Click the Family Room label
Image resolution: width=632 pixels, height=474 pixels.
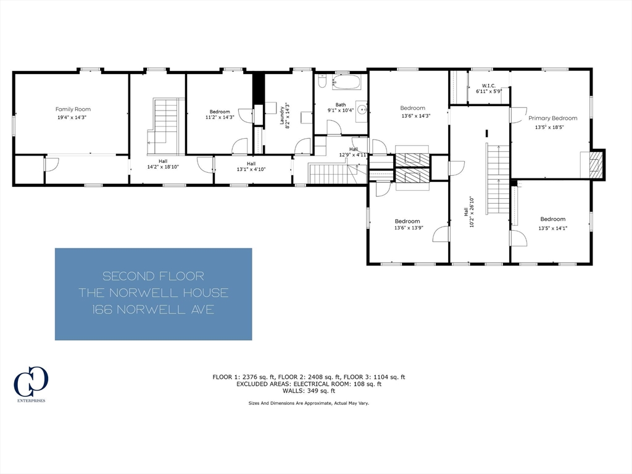tap(73, 109)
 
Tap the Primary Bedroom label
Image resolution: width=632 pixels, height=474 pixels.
tap(552, 118)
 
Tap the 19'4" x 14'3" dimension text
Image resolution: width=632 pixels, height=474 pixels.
tap(73, 117)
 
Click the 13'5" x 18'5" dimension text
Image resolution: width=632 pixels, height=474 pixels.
tap(549, 127)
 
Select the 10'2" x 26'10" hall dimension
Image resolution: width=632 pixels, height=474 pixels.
tap(472, 212)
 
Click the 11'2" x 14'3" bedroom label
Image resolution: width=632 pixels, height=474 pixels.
tap(219, 116)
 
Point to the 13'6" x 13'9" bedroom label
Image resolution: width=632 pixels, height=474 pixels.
tap(407, 225)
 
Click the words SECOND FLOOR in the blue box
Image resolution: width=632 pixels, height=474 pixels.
tap(153, 276)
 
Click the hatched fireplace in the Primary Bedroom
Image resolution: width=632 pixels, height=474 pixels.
tap(596, 165)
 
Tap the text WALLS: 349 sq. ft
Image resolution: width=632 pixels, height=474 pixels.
tap(308, 391)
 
